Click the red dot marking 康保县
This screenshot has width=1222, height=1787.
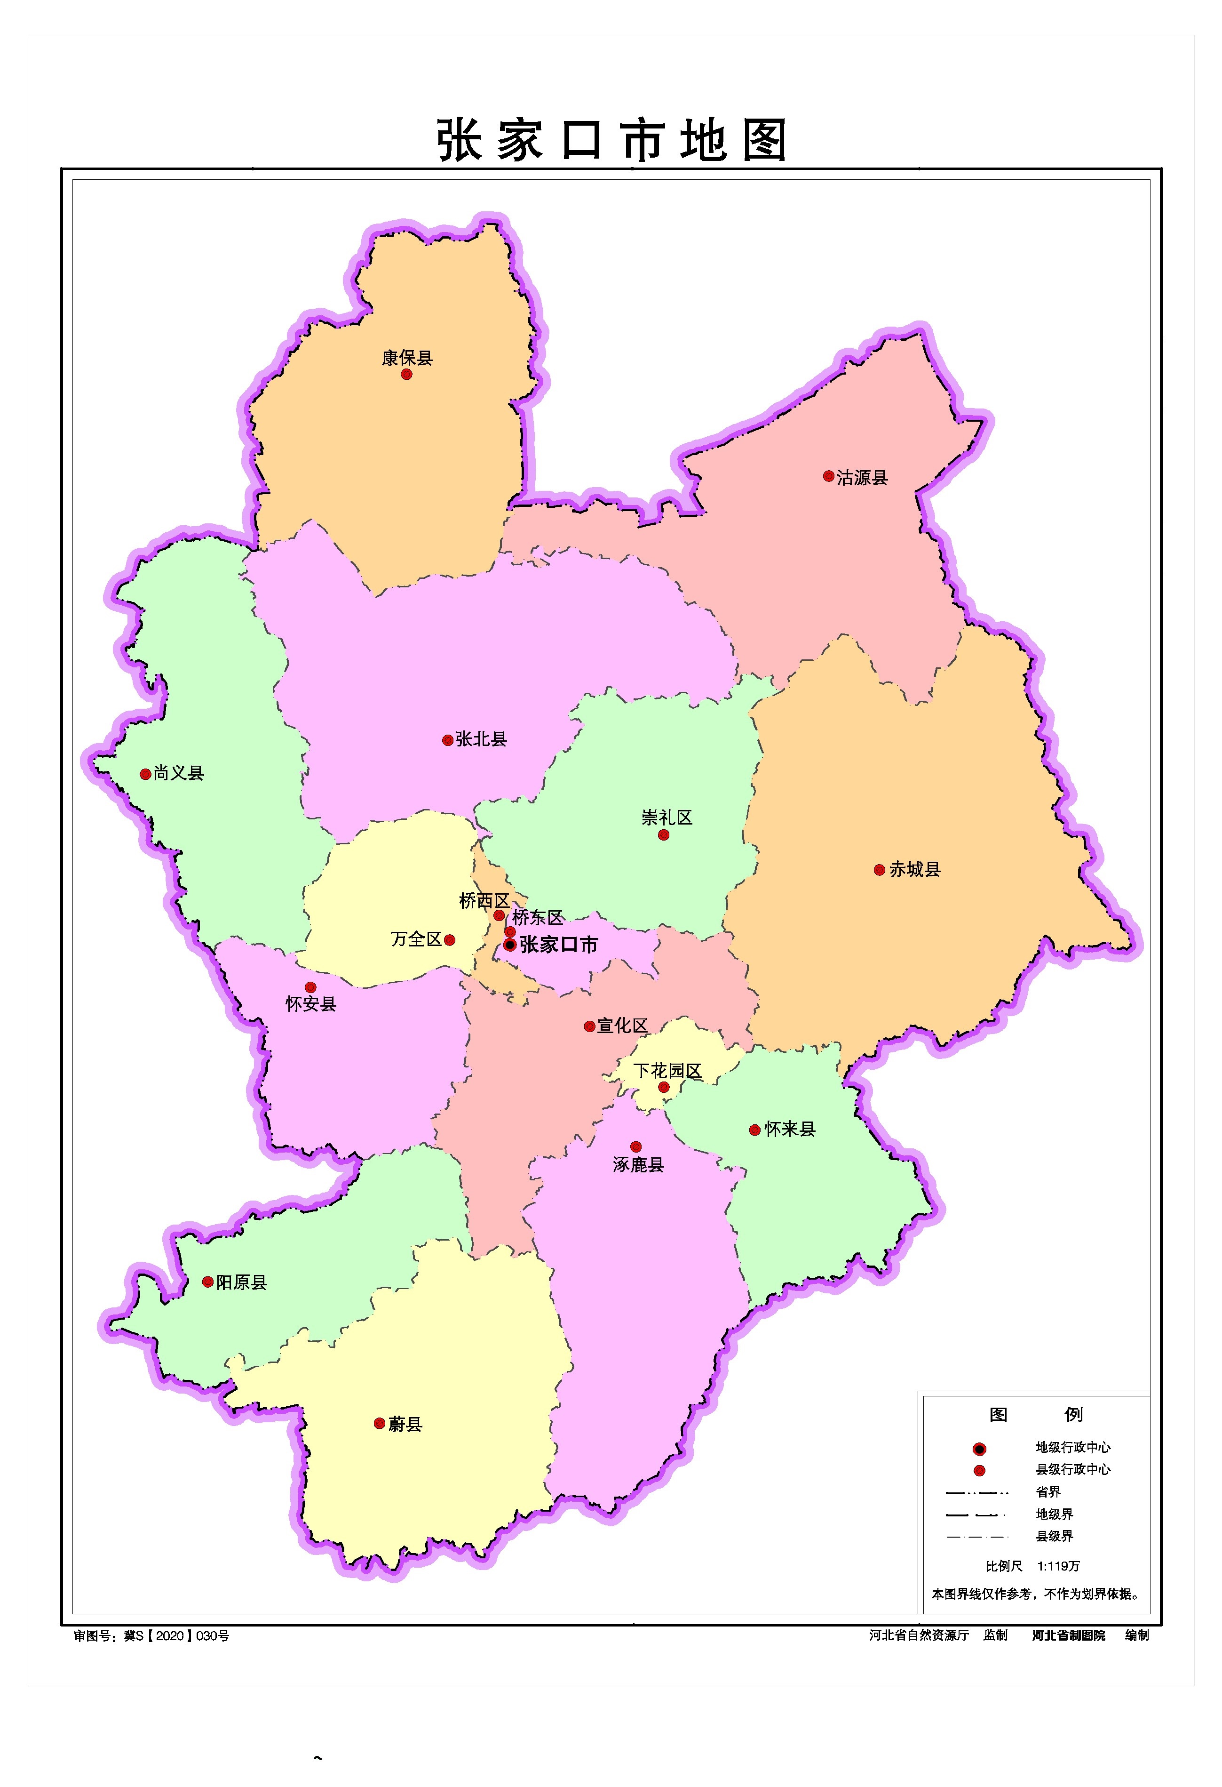(x=406, y=375)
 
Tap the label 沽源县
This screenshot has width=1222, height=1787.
(x=862, y=478)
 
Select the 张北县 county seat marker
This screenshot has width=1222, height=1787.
(x=447, y=740)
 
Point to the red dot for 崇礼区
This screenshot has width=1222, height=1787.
(x=663, y=835)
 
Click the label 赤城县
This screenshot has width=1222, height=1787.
(x=914, y=870)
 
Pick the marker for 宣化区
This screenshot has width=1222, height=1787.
(x=589, y=1026)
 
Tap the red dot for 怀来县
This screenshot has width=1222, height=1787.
(x=755, y=1130)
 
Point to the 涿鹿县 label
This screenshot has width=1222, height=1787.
(x=638, y=1165)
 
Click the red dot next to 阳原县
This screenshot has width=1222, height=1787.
(x=207, y=1282)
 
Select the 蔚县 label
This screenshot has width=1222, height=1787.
(x=405, y=1424)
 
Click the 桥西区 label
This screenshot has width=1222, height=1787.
(x=484, y=900)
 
